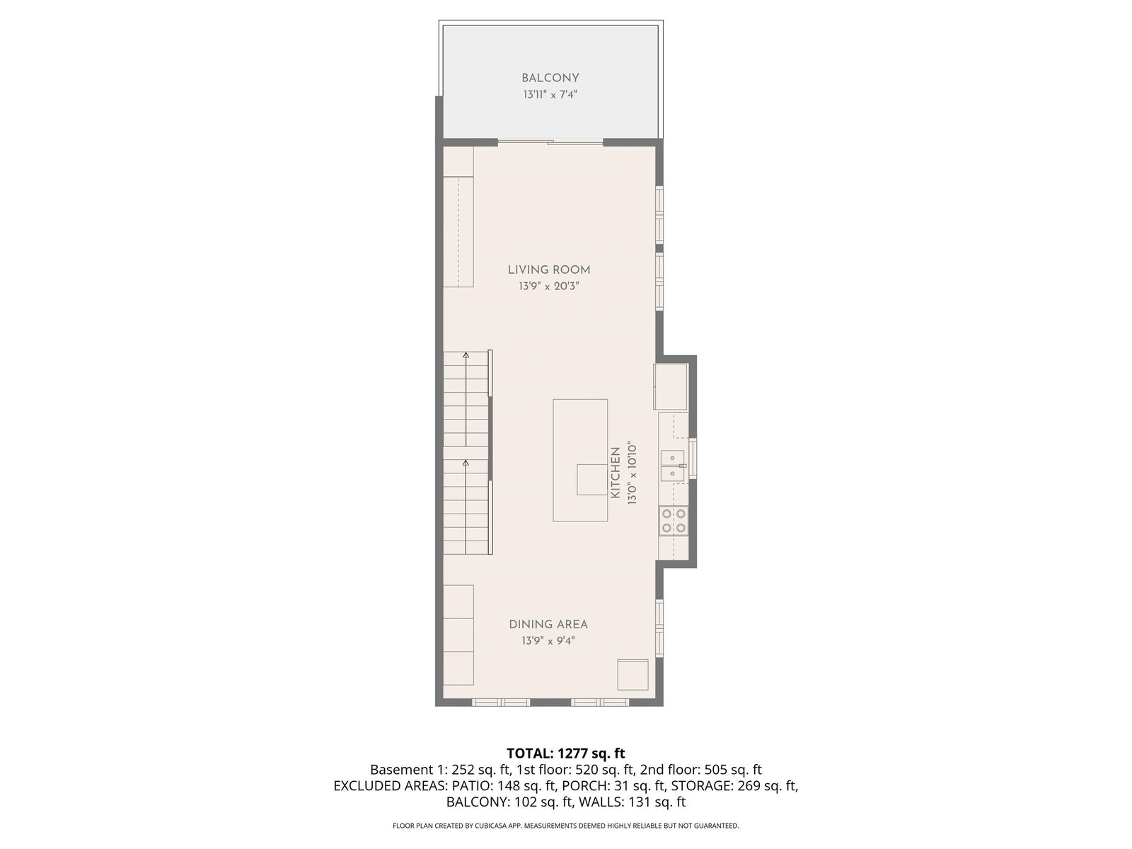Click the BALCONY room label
tap(550, 78)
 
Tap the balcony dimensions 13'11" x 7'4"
tap(550, 94)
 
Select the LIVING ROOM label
tap(549, 270)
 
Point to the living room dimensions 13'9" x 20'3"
tap(549, 286)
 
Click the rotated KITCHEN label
tap(616, 473)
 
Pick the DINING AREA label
tap(548, 624)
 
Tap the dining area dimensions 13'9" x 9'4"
tap(548, 641)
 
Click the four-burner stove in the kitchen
tap(674, 521)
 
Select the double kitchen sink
tap(673, 466)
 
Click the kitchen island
tap(580, 460)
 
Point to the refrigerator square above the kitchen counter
tap(671, 386)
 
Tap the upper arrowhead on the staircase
tap(466, 355)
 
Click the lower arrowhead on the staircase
tap(466, 463)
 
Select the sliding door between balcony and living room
tap(550, 141)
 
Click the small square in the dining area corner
tap(633, 674)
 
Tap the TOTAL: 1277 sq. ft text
tap(566, 753)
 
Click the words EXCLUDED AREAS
tap(390, 785)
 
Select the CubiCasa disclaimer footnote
tap(566, 826)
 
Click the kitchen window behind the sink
tap(693, 458)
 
